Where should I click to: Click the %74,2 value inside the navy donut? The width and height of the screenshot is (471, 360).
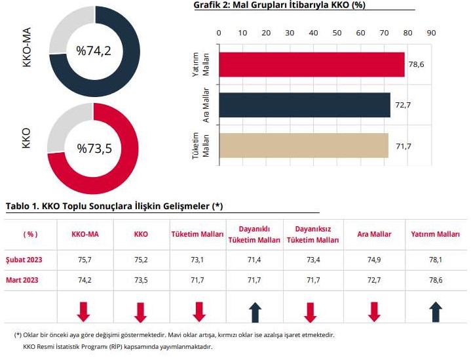(94, 50)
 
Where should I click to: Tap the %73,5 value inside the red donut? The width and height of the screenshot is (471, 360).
(94, 149)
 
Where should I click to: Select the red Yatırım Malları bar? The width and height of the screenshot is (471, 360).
(311, 64)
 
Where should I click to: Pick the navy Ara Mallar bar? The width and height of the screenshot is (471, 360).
(304, 105)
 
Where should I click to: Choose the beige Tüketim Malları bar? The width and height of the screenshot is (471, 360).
(303, 145)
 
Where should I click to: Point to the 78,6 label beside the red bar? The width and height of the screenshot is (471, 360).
(415, 64)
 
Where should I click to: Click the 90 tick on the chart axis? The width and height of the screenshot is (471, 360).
(430, 33)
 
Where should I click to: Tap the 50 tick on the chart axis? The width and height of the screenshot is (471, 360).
(337, 33)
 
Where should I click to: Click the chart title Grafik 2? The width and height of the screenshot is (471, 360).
(279, 5)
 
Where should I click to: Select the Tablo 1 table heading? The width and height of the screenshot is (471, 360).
(114, 206)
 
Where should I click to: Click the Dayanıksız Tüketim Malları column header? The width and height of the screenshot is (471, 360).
(312, 235)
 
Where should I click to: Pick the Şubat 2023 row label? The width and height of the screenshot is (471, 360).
(24, 260)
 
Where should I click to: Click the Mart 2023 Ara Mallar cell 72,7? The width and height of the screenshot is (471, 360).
(374, 279)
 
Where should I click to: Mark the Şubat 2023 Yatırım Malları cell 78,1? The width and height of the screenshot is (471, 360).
(435, 260)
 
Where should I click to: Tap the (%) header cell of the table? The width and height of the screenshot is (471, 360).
(31, 235)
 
